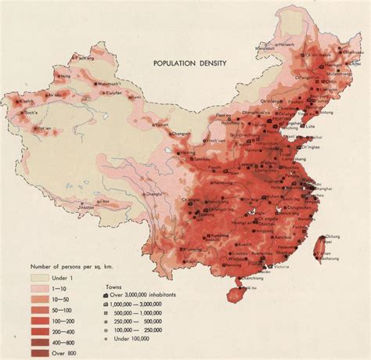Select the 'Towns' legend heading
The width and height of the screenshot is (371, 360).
tap(113, 286)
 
